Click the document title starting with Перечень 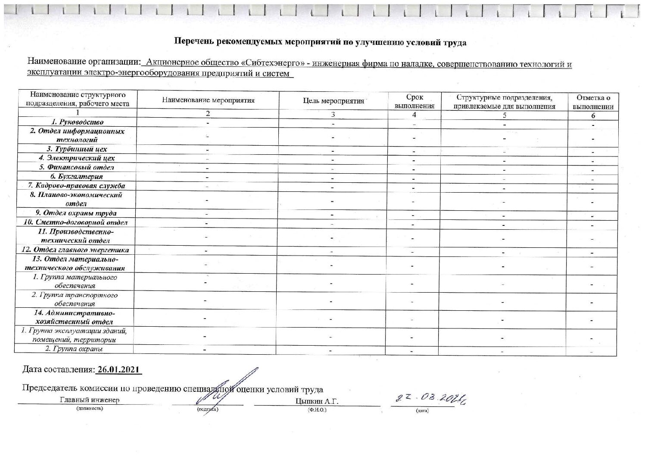pyautogui.click(x=320, y=42)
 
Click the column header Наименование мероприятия pyautogui.click(x=208, y=100)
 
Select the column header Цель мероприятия pyautogui.click(x=333, y=101)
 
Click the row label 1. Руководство pyautogui.click(x=78, y=122)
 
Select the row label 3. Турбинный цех pyautogui.click(x=78, y=149)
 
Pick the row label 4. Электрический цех pyautogui.click(x=78, y=158)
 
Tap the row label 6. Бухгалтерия pyautogui.click(x=78, y=176)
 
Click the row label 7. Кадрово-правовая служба pyautogui.click(x=77, y=186)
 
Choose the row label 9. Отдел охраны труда pyautogui.click(x=76, y=213)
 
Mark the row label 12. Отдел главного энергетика pyautogui.click(x=75, y=250)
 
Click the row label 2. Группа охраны pyautogui.click(x=74, y=349)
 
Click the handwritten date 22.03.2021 pyautogui.click(x=429, y=400)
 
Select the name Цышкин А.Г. pyautogui.click(x=317, y=402)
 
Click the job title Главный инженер pyautogui.click(x=89, y=400)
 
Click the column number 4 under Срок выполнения pyautogui.click(x=414, y=115)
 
